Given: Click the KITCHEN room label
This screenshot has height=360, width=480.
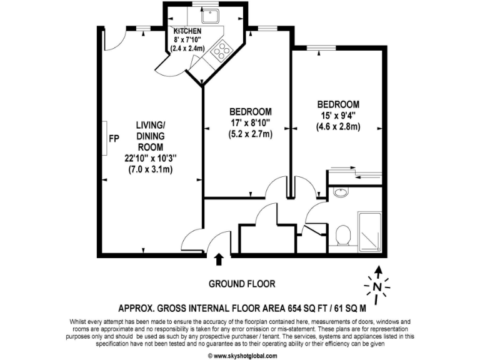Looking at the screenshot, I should click(187, 31).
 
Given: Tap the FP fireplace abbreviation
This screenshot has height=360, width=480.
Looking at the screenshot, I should click(114, 138).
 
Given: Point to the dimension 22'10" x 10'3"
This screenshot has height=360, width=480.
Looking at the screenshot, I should click(151, 158).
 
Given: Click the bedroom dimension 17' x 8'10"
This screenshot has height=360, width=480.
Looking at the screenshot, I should click(249, 122).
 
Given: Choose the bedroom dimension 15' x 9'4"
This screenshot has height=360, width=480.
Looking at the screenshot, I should click(338, 116).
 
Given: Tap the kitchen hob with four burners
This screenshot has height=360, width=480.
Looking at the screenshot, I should click(221, 49).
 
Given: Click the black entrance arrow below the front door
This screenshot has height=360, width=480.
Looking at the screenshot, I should click(219, 259).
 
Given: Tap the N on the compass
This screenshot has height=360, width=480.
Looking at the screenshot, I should click(377, 287).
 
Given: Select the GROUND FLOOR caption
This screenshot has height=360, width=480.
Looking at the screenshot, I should click(242, 284).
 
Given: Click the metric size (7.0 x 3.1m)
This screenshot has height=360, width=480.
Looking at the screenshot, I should click(151, 169).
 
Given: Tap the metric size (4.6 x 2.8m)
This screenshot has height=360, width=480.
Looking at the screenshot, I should click(338, 127).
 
